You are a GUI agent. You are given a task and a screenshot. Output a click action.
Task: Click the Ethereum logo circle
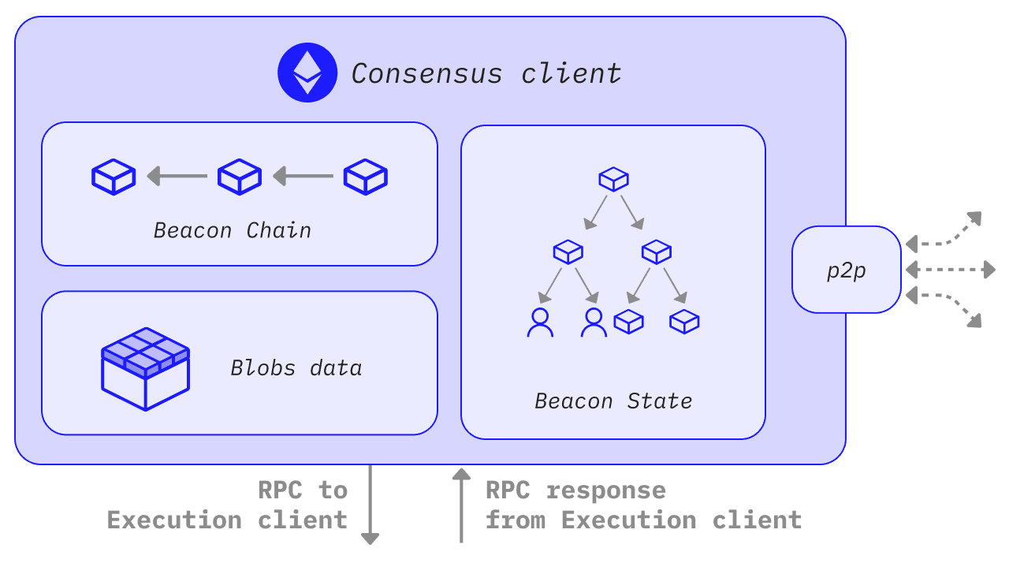(307, 73)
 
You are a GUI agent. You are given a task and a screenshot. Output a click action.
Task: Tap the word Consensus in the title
(426, 74)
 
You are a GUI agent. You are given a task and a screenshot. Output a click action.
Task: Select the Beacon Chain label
(233, 230)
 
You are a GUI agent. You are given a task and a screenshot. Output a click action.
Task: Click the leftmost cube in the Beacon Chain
(114, 177)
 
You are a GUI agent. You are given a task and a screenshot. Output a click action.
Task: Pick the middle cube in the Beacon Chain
(240, 177)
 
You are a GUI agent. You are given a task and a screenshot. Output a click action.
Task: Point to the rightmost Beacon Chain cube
(365, 177)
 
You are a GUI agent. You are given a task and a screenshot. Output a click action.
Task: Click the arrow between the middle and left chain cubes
(177, 176)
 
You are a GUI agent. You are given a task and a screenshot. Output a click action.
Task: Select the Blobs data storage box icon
(146, 369)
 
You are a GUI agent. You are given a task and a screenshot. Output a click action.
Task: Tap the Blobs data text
(296, 368)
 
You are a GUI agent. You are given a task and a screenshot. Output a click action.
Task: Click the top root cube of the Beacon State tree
(613, 179)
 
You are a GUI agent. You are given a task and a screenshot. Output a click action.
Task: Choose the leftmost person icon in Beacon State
(540, 323)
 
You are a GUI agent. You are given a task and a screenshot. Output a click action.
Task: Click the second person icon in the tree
(594, 323)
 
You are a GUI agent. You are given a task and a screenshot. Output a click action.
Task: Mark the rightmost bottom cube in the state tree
(684, 322)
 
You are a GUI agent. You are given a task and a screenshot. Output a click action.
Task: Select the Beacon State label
(613, 401)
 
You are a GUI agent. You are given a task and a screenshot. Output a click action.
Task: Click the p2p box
(847, 270)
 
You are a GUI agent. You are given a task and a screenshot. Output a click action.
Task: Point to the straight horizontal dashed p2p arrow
(951, 270)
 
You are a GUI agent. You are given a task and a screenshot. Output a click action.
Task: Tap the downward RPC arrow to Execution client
(370, 505)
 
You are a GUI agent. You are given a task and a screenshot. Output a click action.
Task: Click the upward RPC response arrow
(461, 505)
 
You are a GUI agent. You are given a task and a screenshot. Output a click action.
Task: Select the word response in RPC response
(606, 490)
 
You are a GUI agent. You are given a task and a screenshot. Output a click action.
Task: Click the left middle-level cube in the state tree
(568, 252)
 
